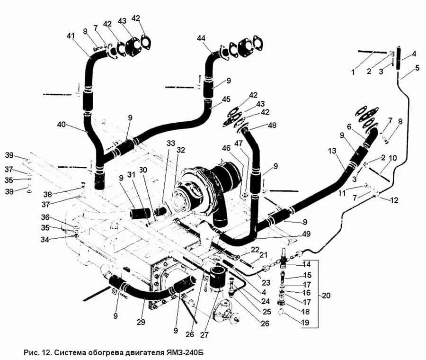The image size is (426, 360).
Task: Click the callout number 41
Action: point(71,36)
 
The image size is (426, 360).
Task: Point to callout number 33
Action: point(170,143)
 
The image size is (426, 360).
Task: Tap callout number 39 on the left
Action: point(9,156)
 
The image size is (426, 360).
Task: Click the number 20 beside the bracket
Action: point(326,296)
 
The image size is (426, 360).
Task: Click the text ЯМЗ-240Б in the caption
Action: point(186,353)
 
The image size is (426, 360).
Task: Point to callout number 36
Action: point(45,217)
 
